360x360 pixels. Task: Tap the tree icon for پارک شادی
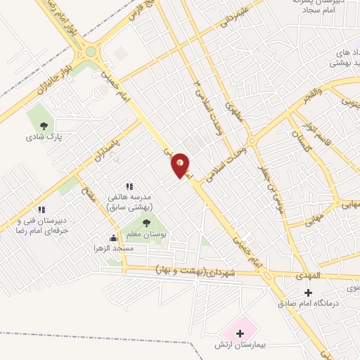[44, 126]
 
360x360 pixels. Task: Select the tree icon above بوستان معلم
[146, 224]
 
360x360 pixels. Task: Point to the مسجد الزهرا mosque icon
[113, 238]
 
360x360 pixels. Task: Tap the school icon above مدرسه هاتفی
[128, 186]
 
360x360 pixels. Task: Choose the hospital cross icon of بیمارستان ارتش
[240, 332]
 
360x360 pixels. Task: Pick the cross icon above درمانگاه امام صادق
[307, 290]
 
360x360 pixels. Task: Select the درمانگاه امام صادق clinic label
[306, 303]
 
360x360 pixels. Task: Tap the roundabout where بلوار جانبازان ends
[90, 50]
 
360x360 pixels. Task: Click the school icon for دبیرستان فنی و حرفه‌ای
[41, 209]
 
